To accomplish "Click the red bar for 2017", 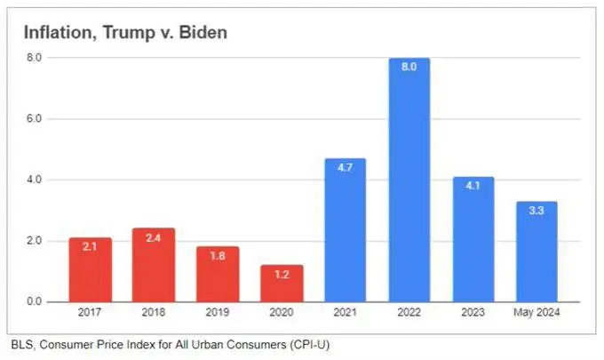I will [90, 270].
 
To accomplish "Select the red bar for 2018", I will [154, 266].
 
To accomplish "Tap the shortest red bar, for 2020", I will [282, 284].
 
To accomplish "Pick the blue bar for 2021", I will [346, 231].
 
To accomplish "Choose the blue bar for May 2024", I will [536, 252].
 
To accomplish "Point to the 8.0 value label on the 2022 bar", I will [409, 67].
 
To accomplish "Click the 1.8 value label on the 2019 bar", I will [218, 256].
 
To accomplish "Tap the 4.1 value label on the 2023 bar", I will [473, 187].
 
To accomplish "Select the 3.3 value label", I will [536, 212].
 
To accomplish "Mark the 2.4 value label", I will [154, 238].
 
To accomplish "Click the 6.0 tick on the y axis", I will [35, 118].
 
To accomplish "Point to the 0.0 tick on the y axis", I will [35, 302].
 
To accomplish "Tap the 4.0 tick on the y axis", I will [35, 180].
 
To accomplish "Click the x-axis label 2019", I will [218, 314].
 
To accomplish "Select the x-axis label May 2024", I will [536, 314].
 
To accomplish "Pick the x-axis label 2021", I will [346, 314].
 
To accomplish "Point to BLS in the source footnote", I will [21, 343].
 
